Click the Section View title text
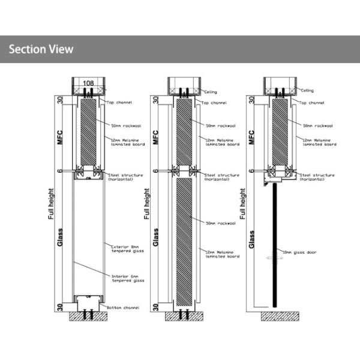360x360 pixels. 41,49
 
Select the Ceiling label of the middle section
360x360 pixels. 210,92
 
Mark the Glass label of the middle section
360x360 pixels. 156,238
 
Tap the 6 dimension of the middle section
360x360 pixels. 155,171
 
